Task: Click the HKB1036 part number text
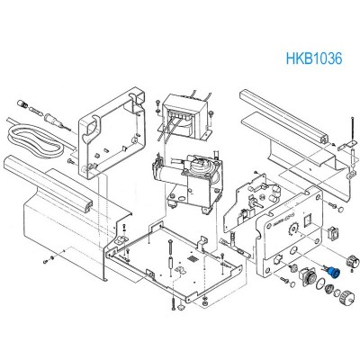(x=314, y=58)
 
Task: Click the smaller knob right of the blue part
(x=353, y=260)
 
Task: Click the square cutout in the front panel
(x=308, y=221)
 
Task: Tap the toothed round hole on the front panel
(x=292, y=230)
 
